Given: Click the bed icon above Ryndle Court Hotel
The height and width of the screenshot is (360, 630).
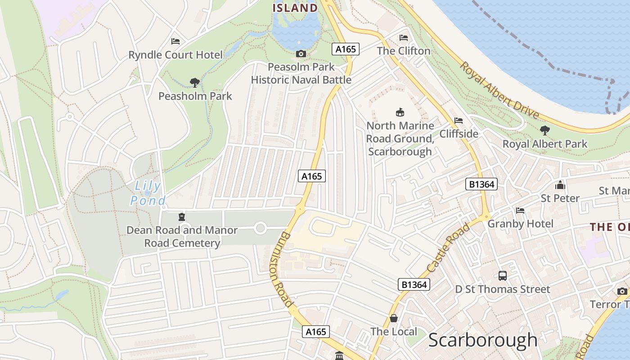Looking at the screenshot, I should pyautogui.click(x=175, y=41).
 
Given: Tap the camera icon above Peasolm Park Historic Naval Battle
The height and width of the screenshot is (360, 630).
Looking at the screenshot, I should pyautogui.click(x=301, y=54).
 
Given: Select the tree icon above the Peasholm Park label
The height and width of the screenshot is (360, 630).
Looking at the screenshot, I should pyautogui.click(x=195, y=82).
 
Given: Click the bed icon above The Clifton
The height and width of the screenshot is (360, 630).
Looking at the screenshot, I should pyautogui.click(x=404, y=37).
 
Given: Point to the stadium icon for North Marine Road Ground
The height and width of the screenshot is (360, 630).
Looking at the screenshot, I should pyautogui.click(x=400, y=112).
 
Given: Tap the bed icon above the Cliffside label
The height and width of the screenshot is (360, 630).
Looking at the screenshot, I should pyautogui.click(x=459, y=120).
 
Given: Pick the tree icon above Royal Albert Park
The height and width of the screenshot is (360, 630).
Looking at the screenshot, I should pyautogui.click(x=544, y=130).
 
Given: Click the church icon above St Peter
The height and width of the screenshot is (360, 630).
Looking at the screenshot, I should pyautogui.click(x=560, y=184).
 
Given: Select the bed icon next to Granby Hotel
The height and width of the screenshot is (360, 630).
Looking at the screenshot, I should pyautogui.click(x=520, y=210).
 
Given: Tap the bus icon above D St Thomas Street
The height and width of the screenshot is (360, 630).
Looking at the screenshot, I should pyautogui.click(x=503, y=275).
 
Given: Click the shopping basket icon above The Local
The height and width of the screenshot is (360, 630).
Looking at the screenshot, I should pyautogui.click(x=394, y=318).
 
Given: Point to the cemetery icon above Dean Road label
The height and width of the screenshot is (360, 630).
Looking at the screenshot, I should pyautogui.click(x=182, y=216).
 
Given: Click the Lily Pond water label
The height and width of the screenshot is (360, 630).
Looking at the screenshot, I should pyautogui.click(x=148, y=193).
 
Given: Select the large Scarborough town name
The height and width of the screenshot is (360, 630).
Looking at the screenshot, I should pyautogui.click(x=483, y=340).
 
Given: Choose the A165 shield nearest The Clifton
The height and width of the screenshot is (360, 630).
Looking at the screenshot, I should pyautogui.click(x=346, y=49).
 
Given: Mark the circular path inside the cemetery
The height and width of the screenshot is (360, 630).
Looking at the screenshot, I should pyautogui.click(x=260, y=228).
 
